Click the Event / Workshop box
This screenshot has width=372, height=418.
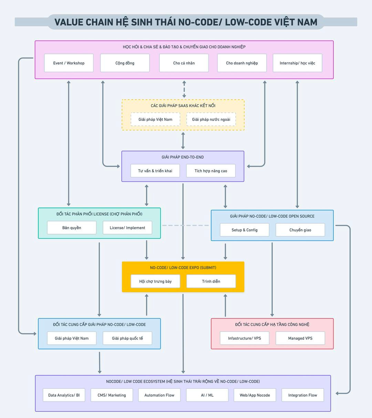coord(69,63)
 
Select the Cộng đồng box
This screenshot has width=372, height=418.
coord(125,63)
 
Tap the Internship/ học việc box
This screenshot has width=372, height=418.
coord(297,63)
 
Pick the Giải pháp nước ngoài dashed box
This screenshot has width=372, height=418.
coord(211,120)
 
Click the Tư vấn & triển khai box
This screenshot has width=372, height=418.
coord(155,171)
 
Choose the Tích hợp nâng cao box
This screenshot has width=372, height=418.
coord(211,171)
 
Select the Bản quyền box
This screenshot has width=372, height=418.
coord(72,228)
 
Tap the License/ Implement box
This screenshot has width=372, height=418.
coord(127,228)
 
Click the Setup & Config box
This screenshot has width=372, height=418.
coord(245,230)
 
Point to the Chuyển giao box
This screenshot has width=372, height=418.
coord(300,230)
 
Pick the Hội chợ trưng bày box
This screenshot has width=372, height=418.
coord(155,281)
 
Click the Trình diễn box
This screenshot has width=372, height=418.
coord(211,281)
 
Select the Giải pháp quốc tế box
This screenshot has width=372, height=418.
coord(127,338)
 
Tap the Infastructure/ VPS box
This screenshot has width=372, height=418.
coord(245,338)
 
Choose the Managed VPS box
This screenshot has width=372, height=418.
coord(300,338)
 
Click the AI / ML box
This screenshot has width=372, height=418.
coord(207,395)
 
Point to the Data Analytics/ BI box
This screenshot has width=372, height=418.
coord(64,395)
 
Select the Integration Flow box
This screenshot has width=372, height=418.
coord(302,395)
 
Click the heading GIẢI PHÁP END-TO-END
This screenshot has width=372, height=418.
coord(183,157)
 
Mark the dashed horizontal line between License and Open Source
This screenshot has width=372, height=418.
coord(186,225)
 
